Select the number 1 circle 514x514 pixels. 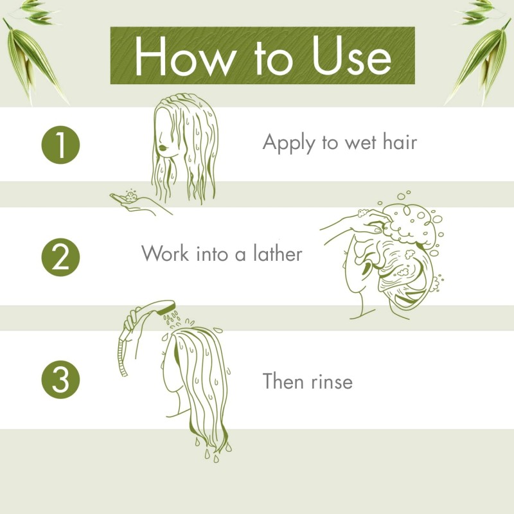[x=60, y=145]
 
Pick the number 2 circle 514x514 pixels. [x=60, y=258]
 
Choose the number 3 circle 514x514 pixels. [x=60, y=380]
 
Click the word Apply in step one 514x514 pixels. [x=288, y=143]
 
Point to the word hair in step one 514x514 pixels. [x=400, y=142]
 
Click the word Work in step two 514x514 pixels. [x=165, y=253]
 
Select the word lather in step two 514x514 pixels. [x=278, y=253]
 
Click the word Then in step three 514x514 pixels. [x=283, y=381]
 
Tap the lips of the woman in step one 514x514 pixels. [x=163, y=147]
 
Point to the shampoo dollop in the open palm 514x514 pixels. [x=132, y=196]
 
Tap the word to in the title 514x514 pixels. [x=273, y=58]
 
